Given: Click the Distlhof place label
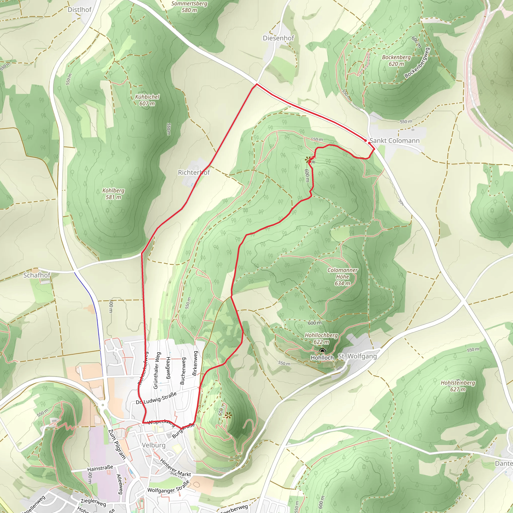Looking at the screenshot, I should click(79, 10).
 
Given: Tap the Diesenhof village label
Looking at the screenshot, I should click(278, 38).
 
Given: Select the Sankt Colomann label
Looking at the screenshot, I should click(395, 141).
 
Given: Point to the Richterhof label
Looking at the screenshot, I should click(194, 173).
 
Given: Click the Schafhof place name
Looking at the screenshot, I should click(37, 275).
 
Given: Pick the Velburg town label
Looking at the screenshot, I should click(154, 445).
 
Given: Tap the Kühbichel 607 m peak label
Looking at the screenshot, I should click(147, 100).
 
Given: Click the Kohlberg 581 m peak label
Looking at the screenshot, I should click(113, 194).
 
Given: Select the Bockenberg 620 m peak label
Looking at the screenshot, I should click(396, 61).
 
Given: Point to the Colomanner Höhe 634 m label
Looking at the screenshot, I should click(342, 277).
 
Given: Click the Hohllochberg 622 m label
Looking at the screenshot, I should click(321, 339).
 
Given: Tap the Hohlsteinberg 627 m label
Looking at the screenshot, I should click(458, 386).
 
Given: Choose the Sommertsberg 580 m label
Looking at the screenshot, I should click(189, 7).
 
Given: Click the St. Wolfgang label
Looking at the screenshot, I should click(357, 356).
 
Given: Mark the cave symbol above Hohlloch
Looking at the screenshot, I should click(322, 351).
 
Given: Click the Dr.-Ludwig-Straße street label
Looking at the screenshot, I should click(156, 398).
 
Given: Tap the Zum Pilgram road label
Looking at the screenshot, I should click(117, 444).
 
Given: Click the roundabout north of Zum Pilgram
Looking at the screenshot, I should click(103, 405).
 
